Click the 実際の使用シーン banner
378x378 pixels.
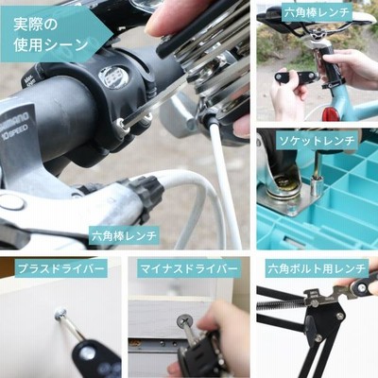(56, 34)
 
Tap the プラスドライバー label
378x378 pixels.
(61, 269)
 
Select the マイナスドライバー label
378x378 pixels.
(189, 269)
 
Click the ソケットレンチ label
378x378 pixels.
(317, 141)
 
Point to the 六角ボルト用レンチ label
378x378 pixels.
(317, 269)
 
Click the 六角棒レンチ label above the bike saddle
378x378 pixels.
(317, 13)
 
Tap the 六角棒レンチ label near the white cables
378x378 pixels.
(124, 235)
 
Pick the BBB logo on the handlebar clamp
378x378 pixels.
(112, 79)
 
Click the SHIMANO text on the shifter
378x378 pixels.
(17, 121)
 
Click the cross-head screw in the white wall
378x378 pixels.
(60, 313)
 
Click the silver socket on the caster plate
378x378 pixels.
(316, 185)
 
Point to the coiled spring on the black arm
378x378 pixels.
(281, 304)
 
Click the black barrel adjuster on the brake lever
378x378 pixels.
(147, 193)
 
